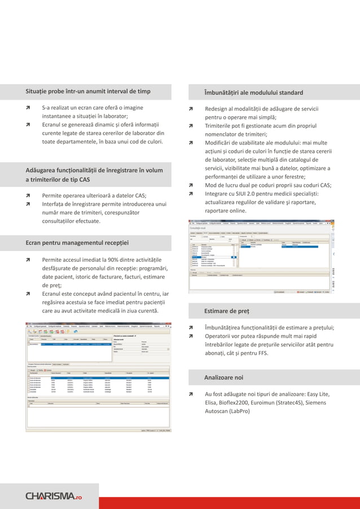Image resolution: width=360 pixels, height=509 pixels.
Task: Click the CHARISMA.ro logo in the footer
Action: tap(54, 496)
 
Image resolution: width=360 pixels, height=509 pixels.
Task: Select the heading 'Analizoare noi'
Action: tap(223, 377)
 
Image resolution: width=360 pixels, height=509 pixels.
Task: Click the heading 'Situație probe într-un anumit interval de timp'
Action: tap(87, 91)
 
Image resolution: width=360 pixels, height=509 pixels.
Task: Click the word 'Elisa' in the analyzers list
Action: tap(212, 403)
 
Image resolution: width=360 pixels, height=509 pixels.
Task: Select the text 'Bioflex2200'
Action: tap(239, 403)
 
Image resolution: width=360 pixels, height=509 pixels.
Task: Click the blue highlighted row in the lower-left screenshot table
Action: tap(98, 379)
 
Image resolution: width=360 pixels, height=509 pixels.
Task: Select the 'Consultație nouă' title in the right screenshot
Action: tap(201, 227)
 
